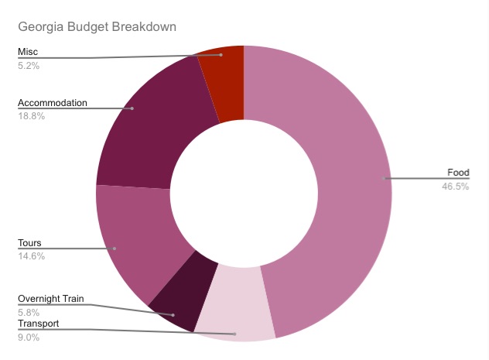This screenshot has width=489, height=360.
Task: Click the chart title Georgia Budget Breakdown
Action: point(97,27)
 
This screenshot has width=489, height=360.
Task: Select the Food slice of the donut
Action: point(333,178)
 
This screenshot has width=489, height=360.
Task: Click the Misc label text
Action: point(28,52)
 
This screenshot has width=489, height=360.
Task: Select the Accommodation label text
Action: point(52,102)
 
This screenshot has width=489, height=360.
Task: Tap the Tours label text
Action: point(30,243)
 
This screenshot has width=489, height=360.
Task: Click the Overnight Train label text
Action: point(50,299)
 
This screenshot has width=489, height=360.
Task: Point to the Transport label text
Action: point(38,324)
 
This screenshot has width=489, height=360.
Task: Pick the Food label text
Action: point(458,173)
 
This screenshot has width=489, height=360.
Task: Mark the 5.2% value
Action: point(28,66)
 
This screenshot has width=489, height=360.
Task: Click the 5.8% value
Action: point(28,312)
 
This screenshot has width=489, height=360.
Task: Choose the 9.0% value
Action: point(28,338)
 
